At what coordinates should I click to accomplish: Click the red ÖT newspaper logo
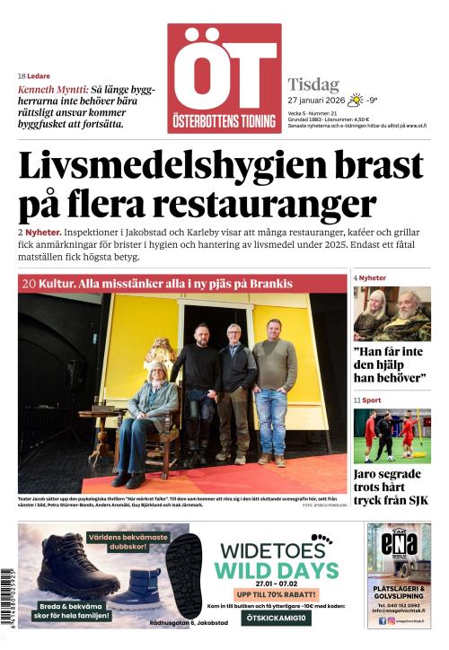[224, 78]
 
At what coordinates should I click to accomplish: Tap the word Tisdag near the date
[313, 84]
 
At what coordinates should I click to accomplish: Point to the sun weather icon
[356, 100]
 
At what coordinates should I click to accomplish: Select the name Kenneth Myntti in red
[53, 90]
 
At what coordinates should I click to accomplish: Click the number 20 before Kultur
[28, 284]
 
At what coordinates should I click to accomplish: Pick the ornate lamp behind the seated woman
[162, 355]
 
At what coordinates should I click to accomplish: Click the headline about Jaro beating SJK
[391, 486]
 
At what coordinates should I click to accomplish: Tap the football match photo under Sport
[391, 436]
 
